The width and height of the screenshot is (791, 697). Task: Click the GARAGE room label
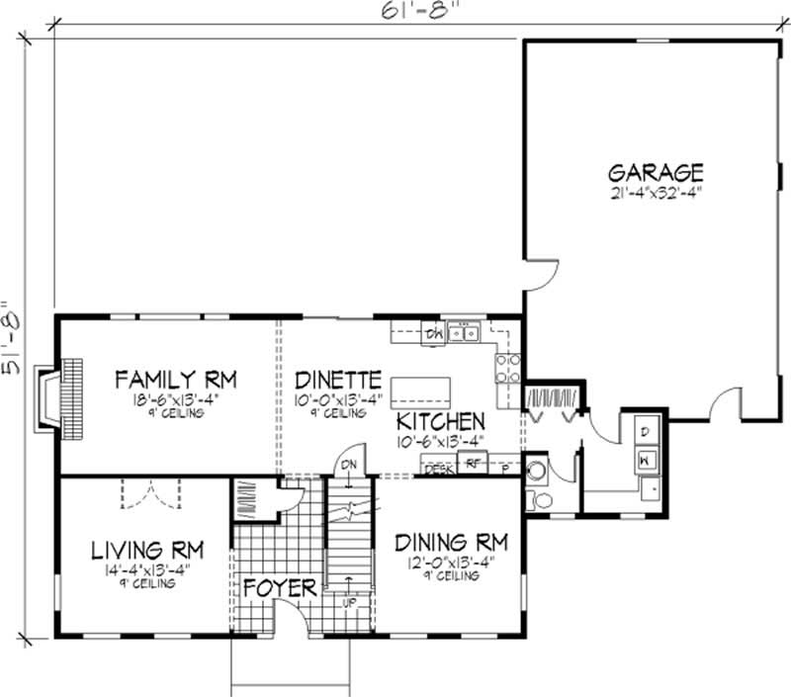(656, 170)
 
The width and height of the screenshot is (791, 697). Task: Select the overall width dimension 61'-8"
(403, 15)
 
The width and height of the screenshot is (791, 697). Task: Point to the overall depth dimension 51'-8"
(14, 336)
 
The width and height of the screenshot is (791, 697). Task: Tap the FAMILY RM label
(175, 380)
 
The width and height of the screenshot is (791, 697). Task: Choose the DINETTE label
(338, 380)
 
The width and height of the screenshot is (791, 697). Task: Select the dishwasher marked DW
(432, 333)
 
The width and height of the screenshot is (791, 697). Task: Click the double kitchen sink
(462, 333)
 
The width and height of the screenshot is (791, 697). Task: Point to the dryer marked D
(643, 432)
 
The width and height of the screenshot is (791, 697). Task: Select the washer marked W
(643, 458)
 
